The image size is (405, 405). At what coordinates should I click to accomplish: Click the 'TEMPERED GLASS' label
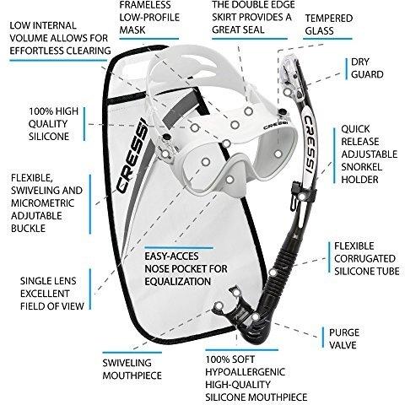pyautogui.click(x=329, y=24)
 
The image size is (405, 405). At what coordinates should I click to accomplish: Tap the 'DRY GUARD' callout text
pyautogui.click(x=367, y=68)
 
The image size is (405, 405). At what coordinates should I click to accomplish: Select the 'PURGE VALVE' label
pyautogui.click(x=344, y=338)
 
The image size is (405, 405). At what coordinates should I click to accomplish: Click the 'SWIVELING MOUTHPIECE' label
pyautogui.click(x=132, y=369)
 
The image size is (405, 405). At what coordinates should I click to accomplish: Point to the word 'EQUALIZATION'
pyautogui.click(x=178, y=282)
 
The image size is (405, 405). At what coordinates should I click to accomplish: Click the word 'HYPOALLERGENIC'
pyautogui.click(x=246, y=372)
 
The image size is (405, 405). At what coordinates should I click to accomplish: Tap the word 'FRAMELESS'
pyautogui.click(x=145, y=5)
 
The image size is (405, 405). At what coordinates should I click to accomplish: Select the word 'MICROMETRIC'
pyautogui.click(x=43, y=203)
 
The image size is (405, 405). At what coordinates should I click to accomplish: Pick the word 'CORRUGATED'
pyautogui.click(x=364, y=258)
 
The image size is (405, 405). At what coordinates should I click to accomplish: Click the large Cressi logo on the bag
pyautogui.click(x=132, y=155)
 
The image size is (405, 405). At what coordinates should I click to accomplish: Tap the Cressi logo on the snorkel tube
pyautogui.click(x=310, y=144)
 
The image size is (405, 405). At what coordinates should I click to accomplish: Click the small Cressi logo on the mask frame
pyautogui.click(x=276, y=125)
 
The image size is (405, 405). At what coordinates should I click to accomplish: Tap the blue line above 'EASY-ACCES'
pyautogui.click(x=179, y=248)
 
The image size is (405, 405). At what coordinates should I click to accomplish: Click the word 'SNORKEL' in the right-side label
pyautogui.click(x=361, y=167)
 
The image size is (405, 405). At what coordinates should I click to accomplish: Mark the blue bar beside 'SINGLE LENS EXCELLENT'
pyautogui.click(x=90, y=289)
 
